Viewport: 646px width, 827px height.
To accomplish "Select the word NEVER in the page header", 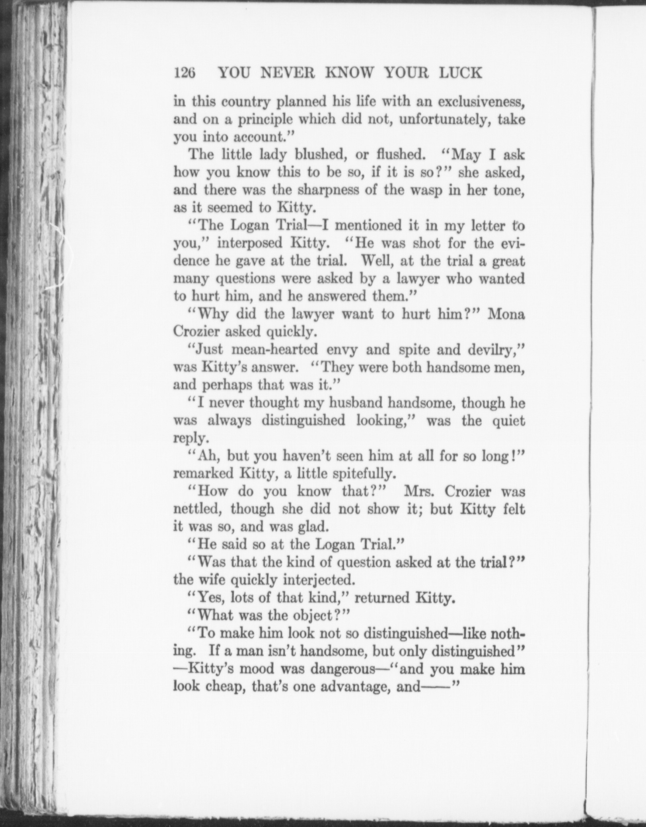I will click(x=286, y=73).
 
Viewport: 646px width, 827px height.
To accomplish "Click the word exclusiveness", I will click(x=481, y=102).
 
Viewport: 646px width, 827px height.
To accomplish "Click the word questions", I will click(x=245, y=278).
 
